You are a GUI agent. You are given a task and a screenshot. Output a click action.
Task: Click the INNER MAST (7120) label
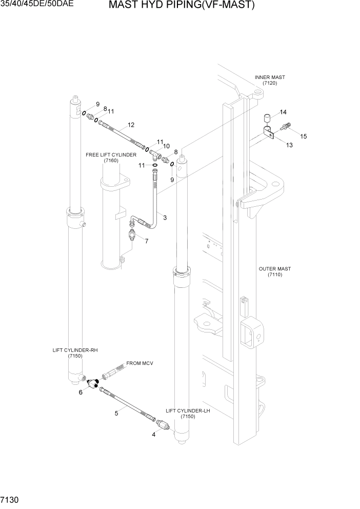[x=270, y=80]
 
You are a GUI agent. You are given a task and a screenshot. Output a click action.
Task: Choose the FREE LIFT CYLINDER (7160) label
[x=111, y=158]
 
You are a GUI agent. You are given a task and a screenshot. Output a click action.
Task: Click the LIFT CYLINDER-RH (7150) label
[x=75, y=353]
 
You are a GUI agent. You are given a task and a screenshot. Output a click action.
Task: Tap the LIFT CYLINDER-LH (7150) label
[x=188, y=414]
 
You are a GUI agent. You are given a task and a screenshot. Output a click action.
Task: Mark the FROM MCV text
[x=139, y=363]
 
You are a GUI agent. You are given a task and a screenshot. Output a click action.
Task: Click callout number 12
[x=131, y=125]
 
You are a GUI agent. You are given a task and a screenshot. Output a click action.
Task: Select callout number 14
[x=283, y=112]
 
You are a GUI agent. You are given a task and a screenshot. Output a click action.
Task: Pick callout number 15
[x=303, y=136]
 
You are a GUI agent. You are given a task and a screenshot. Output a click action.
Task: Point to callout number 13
[x=289, y=145]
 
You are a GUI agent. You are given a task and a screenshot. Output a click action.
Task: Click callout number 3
[x=165, y=218]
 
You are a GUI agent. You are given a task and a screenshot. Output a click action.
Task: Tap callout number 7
[x=147, y=241]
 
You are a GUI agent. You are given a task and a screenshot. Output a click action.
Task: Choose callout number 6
[x=81, y=393]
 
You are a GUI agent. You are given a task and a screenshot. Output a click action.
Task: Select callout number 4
[x=153, y=434]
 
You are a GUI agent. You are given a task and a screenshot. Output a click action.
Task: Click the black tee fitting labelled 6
[x=93, y=383]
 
